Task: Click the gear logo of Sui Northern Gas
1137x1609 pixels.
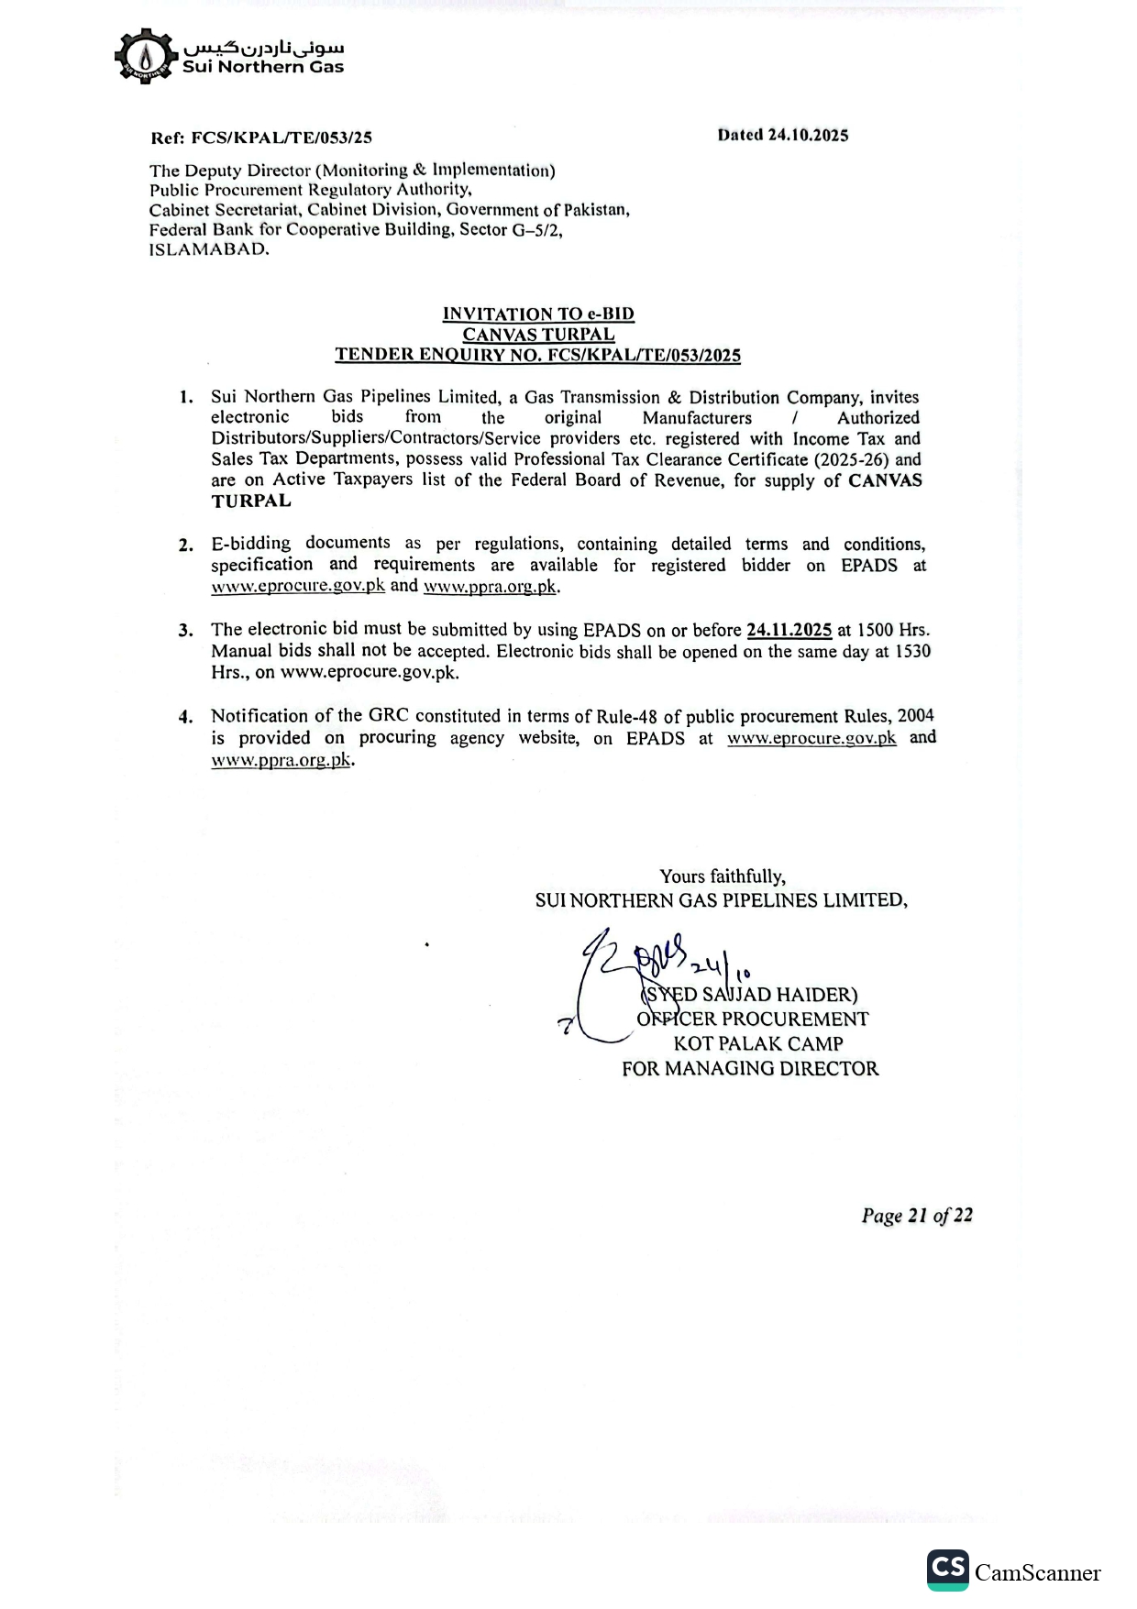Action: [144, 57]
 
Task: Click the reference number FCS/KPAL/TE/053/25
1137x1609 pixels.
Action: [281, 138]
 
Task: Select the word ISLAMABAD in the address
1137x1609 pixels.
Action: [209, 249]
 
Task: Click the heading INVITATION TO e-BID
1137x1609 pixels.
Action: [538, 314]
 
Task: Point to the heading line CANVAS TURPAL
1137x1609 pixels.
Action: [538, 335]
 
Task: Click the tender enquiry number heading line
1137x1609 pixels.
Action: [538, 355]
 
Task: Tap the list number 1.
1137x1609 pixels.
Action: [186, 398]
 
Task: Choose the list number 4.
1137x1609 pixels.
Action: [186, 717]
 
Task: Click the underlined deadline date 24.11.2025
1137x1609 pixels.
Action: [789, 630]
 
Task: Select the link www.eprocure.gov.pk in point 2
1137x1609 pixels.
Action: [298, 587]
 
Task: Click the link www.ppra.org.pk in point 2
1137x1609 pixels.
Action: [490, 587]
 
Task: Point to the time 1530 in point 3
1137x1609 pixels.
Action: [912, 651]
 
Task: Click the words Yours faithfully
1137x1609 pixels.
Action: [723, 876]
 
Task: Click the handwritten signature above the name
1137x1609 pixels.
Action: [642, 963]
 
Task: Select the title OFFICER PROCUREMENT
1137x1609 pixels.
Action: [753, 1019]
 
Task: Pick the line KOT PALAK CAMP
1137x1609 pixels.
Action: [758, 1043]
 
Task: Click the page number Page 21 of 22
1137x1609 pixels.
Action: [917, 1216]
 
